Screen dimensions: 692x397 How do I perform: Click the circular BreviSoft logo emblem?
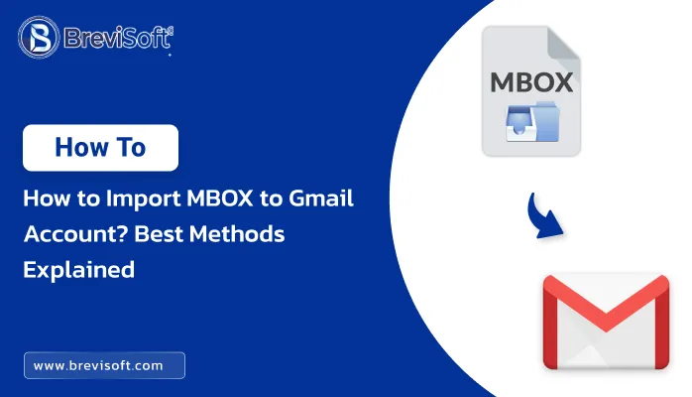click(x=39, y=38)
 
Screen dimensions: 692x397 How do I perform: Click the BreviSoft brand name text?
click(x=118, y=38)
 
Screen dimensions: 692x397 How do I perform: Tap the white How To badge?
click(x=100, y=148)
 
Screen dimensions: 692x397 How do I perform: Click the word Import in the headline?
click(x=143, y=199)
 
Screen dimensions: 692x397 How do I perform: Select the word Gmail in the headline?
click(x=321, y=198)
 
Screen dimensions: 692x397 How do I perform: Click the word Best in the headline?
click(x=159, y=234)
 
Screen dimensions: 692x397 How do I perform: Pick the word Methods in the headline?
click(x=237, y=234)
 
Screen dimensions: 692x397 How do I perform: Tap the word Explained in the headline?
click(x=79, y=270)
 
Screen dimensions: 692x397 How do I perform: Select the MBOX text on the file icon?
click(x=531, y=82)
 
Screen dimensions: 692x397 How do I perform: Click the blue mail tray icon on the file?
click(x=532, y=122)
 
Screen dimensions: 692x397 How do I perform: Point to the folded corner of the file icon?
click(x=563, y=43)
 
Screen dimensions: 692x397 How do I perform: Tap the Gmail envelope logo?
click(x=606, y=322)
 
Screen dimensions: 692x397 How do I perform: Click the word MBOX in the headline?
click(x=220, y=198)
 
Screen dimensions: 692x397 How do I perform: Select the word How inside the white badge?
click(x=81, y=148)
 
